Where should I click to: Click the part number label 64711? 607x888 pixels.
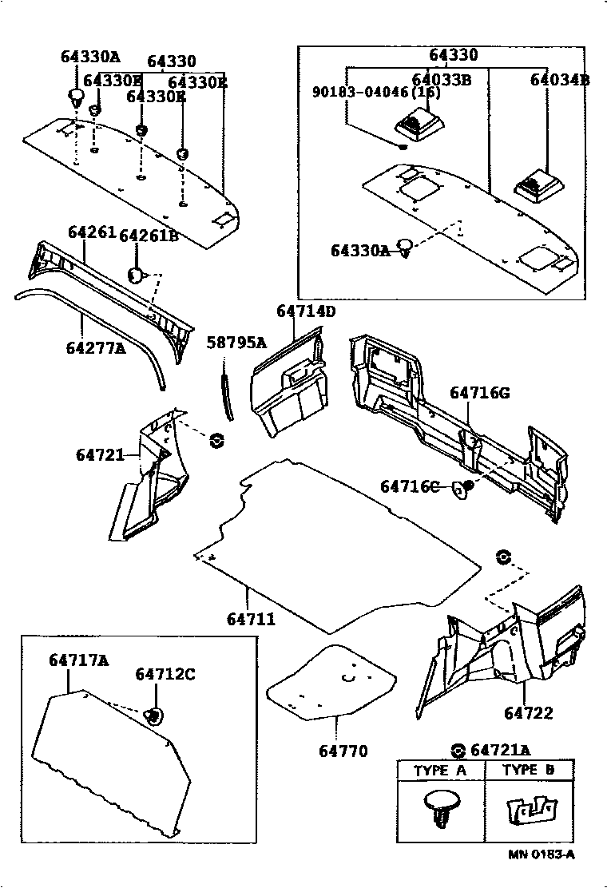coord(251,618)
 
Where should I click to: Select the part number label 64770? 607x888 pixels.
coord(343,751)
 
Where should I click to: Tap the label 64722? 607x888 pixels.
coord(527,713)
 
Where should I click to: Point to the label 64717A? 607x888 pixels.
coord(78,660)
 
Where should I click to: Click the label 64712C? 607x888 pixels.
coord(165,675)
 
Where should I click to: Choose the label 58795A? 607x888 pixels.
coord(236,343)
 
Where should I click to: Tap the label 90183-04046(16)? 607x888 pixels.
coord(375,92)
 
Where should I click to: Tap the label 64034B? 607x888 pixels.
coord(560,81)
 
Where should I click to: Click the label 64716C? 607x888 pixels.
coord(410,486)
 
